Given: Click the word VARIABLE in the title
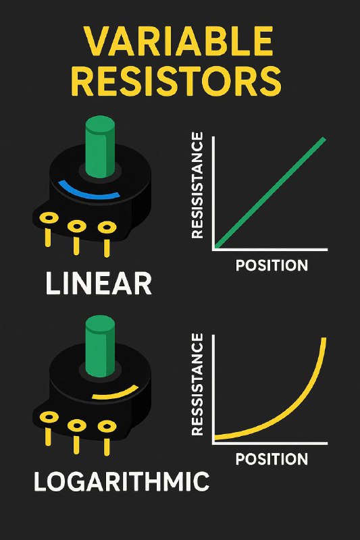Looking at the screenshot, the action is (x=179, y=41).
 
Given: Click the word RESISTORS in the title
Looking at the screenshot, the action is (x=176, y=82).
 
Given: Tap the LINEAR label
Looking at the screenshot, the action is (x=99, y=283).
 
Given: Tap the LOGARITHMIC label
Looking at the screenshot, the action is (x=122, y=481).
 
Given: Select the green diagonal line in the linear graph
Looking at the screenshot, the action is (x=270, y=193).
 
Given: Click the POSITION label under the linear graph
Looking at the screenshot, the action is (x=272, y=265).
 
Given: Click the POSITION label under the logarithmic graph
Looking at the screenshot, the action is (x=272, y=459).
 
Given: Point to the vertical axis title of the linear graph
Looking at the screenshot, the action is (x=197, y=186).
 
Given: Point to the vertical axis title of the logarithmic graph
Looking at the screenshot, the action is (x=197, y=384).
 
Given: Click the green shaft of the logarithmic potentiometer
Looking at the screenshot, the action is (x=100, y=346).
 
